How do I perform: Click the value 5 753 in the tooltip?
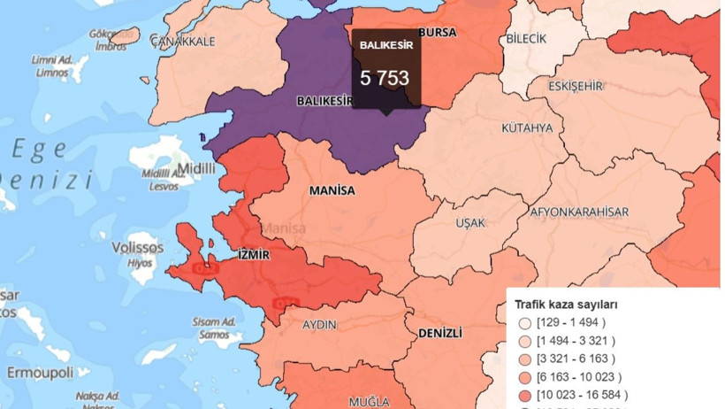385,78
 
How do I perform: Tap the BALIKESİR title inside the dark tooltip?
385,43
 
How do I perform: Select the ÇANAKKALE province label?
183,41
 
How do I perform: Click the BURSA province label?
437,33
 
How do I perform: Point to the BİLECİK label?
527,39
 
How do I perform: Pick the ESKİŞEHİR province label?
576,86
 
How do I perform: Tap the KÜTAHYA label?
526,128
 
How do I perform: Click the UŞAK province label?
470,223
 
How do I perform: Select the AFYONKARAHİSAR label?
579,212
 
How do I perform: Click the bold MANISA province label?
332,191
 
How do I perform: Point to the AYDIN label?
319,325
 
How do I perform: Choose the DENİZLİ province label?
437,332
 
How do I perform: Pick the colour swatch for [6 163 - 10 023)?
524,377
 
